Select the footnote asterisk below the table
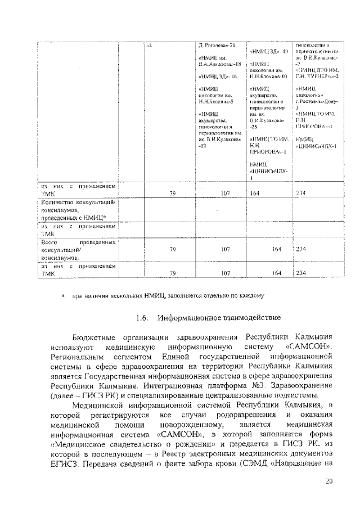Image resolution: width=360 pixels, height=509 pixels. [63, 295]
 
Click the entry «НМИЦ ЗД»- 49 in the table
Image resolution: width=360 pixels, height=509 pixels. [268, 52]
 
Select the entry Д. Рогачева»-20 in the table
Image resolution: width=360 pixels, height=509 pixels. [220, 44]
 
